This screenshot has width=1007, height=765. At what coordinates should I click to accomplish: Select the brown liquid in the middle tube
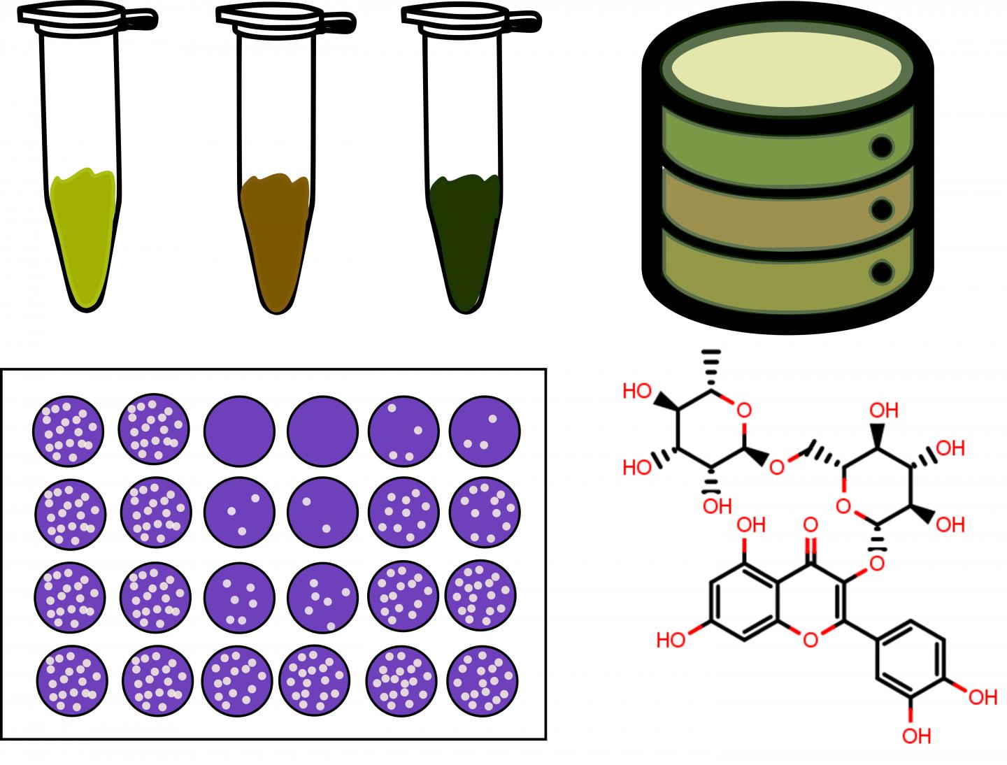tap(276, 238)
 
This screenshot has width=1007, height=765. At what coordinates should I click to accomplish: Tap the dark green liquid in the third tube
tap(464, 238)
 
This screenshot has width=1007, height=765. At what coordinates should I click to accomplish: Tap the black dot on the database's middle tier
tap(883, 209)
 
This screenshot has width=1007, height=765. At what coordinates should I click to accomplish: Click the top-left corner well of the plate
tap(68, 431)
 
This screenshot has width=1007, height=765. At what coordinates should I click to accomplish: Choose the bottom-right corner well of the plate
tap(483, 678)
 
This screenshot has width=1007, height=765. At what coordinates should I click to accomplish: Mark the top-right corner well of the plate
tap(484, 431)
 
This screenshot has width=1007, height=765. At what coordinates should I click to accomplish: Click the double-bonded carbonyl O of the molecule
tap(811, 524)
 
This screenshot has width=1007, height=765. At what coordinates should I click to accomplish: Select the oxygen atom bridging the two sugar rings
tap(776, 466)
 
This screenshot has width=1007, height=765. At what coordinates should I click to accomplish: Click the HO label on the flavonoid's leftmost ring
tap(671, 640)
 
